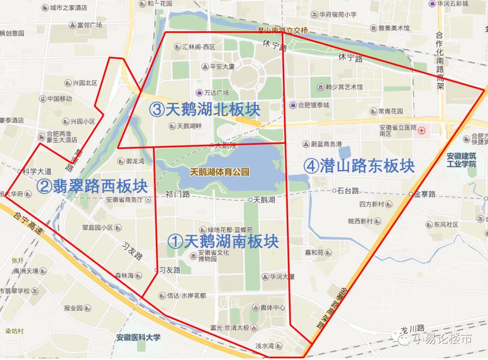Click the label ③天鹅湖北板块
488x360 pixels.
click(204, 110)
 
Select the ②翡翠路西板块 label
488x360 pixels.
click(92, 186)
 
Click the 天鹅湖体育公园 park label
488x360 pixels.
click(220, 172)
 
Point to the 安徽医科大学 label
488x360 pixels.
click(138, 337)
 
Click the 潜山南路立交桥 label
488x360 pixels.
click(282, 30)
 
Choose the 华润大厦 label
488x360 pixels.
click(282, 276)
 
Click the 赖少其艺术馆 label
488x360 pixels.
click(343, 87)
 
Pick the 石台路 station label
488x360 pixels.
click(348, 190)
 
